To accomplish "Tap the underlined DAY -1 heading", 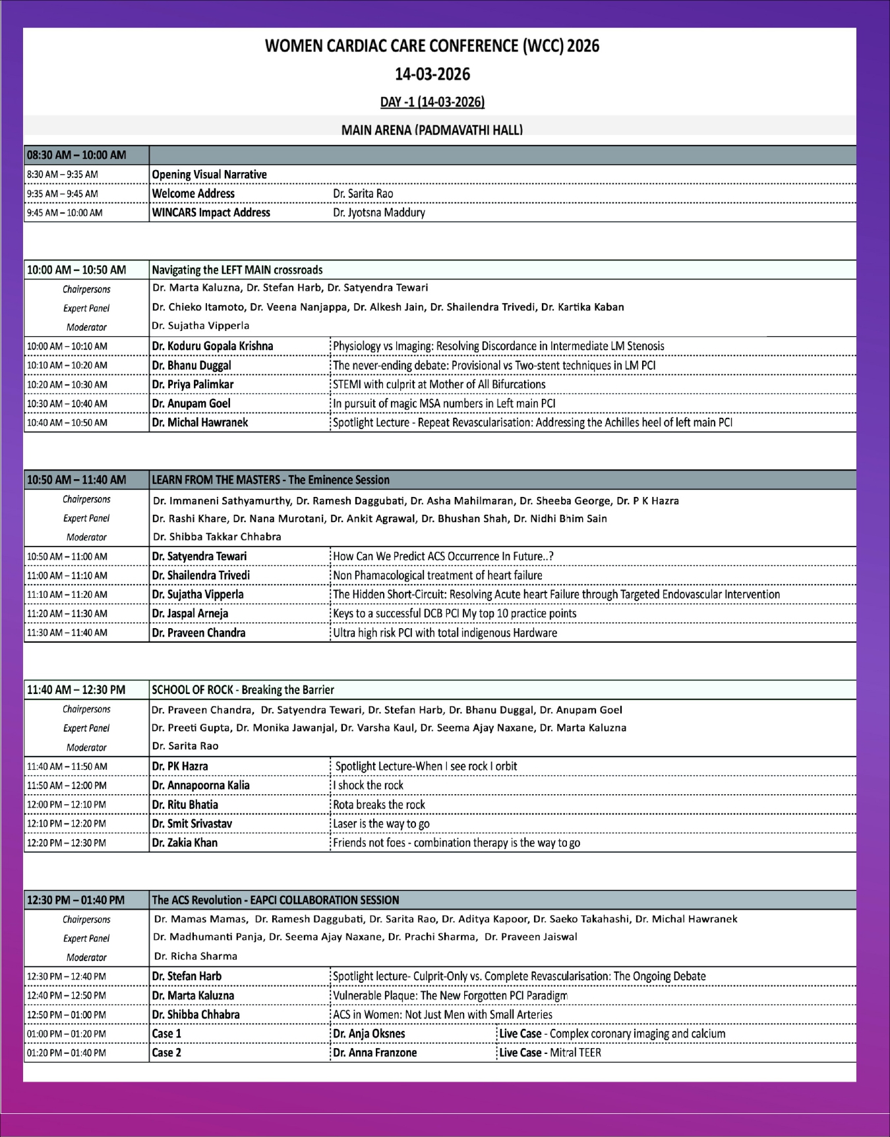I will [432, 102].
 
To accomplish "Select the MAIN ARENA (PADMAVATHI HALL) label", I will [432, 130].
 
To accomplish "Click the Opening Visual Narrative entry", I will [209, 175].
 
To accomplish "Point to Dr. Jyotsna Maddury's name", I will [378, 212].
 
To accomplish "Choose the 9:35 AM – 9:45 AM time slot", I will [63, 194].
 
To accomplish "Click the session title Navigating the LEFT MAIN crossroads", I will [237, 270].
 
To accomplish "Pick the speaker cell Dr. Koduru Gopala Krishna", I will [212, 346].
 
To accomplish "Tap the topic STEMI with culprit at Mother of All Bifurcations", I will [439, 384].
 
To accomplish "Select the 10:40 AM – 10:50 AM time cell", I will [67, 423].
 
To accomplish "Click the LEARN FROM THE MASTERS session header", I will [270, 480].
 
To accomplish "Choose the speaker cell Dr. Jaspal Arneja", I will [190, 614].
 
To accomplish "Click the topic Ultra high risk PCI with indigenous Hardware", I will [445, 633].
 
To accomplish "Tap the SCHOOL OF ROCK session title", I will [243, 690].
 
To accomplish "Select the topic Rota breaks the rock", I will [379, 805].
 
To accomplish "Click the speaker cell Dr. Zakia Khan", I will [185, 843].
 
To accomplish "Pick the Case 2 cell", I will [167, 1053].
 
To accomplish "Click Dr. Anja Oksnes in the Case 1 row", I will [369, 1034].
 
